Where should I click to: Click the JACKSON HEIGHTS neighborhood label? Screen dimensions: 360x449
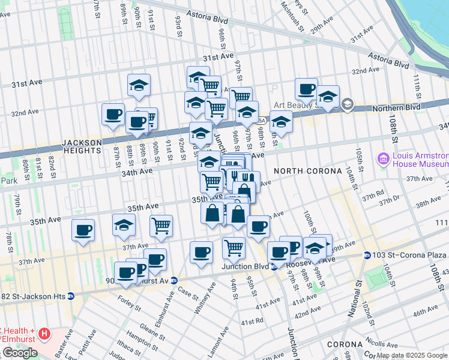82,146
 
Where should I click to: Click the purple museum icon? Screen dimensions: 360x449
382,159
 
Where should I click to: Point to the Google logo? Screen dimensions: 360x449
20,353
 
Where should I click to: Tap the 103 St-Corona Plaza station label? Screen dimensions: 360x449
404,256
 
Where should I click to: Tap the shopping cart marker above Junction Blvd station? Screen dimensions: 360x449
233,247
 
